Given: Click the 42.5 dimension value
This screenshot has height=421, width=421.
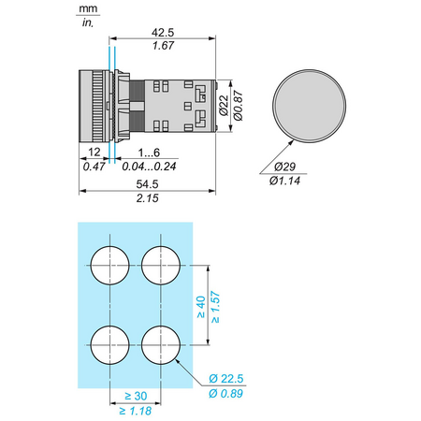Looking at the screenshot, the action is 163,33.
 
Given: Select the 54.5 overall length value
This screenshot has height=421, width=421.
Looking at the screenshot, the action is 147,184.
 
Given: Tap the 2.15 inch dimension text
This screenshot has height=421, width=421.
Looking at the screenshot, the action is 147,198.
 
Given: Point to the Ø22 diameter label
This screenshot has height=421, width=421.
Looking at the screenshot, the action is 224,106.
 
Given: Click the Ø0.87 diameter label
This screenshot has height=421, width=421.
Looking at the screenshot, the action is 238,106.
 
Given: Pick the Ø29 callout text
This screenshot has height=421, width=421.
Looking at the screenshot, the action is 284,167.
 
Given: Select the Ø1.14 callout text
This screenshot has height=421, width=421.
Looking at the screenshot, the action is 284,181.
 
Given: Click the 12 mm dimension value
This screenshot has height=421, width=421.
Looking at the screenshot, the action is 94,152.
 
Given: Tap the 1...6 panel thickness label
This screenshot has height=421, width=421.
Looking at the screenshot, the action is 149,152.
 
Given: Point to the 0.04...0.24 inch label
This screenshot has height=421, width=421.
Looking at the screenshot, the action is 149,167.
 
